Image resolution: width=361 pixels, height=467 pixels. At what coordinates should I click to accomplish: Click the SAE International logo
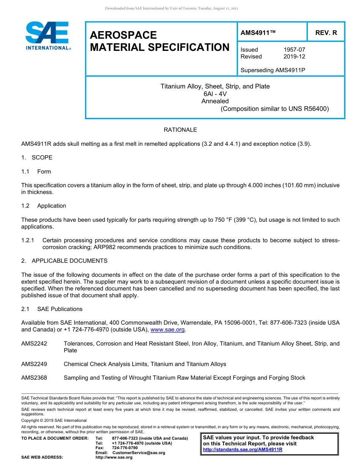click(47, 36)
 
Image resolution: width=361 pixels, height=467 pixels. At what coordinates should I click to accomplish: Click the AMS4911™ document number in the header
click(258, 33)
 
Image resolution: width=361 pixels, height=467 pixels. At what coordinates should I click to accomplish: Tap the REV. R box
click(326, 33)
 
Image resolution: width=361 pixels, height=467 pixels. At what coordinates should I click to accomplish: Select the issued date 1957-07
click(294, 50)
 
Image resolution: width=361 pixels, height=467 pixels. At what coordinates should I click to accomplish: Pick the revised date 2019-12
click(294, 57)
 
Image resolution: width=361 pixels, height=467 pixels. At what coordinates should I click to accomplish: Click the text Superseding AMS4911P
click(273, 70)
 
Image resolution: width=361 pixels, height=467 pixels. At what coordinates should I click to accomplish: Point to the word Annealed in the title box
click(215, 101)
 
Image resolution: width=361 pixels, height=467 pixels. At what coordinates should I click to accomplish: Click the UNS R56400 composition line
click(275, 109)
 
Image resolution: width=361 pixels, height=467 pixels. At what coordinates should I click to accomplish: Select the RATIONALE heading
click(180, 130)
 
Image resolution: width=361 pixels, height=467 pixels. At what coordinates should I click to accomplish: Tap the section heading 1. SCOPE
click(37, 158)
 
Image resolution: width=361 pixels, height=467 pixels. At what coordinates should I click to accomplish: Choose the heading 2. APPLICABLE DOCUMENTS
click(64, 261)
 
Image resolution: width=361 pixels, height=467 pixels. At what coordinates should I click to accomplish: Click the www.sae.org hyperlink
click(167, 330)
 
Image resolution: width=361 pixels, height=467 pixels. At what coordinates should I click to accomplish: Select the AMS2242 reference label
click(34, 344)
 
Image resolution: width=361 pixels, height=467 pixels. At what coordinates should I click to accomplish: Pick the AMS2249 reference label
click(34, 364)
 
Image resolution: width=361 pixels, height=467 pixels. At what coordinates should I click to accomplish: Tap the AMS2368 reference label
click(34, 378)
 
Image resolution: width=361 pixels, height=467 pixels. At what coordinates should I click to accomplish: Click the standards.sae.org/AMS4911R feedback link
click(242, 450)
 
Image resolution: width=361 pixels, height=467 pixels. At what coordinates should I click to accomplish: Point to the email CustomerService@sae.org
click(139, 453)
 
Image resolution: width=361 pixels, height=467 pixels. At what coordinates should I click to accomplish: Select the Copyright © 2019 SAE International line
click(54, 420)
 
